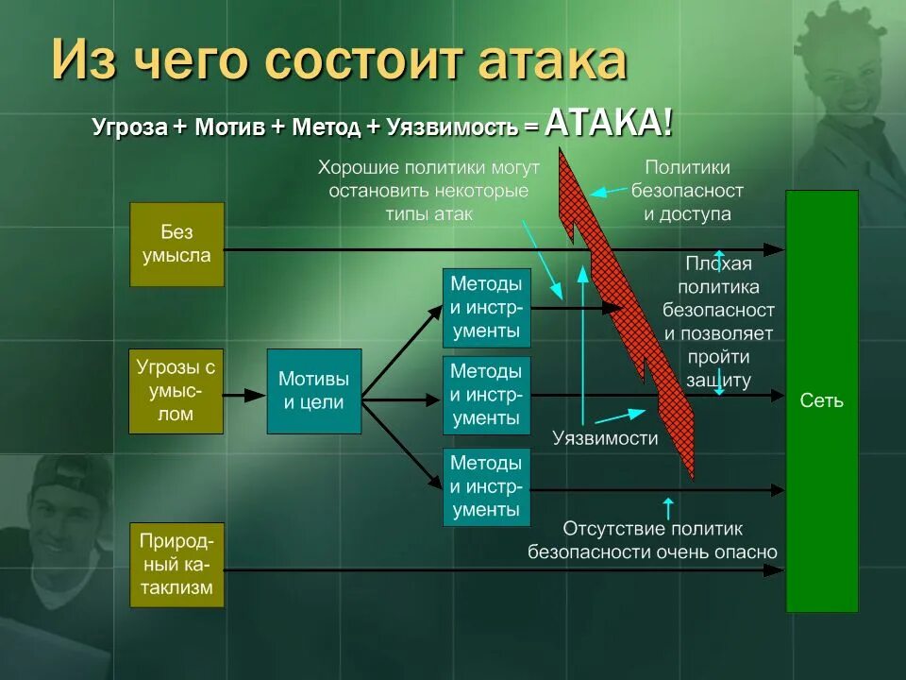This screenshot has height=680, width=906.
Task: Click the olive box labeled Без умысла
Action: (176, 244)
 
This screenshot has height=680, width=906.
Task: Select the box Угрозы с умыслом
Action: (176, 391)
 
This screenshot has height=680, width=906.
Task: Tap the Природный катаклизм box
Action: (176, 567)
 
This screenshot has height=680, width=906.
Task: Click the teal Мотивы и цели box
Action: (313, 391)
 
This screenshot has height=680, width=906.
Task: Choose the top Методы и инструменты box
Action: (486, 308)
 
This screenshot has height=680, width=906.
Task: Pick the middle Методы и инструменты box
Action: (486, 395)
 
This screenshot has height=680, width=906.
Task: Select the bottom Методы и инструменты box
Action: (486, 486)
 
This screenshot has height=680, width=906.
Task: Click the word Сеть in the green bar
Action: (821, 400)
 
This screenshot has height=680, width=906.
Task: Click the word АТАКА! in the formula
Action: (609, 123)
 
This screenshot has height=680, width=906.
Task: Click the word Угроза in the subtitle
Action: (130, 127)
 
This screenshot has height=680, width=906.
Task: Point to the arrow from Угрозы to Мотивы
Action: (245, 395)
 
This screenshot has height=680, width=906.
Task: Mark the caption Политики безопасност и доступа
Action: (687, 191)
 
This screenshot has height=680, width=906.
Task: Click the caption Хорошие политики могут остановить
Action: (428, 191)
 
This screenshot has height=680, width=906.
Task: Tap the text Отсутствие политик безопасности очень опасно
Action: (652, 540)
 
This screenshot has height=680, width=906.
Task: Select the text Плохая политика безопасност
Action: (719, 287)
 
